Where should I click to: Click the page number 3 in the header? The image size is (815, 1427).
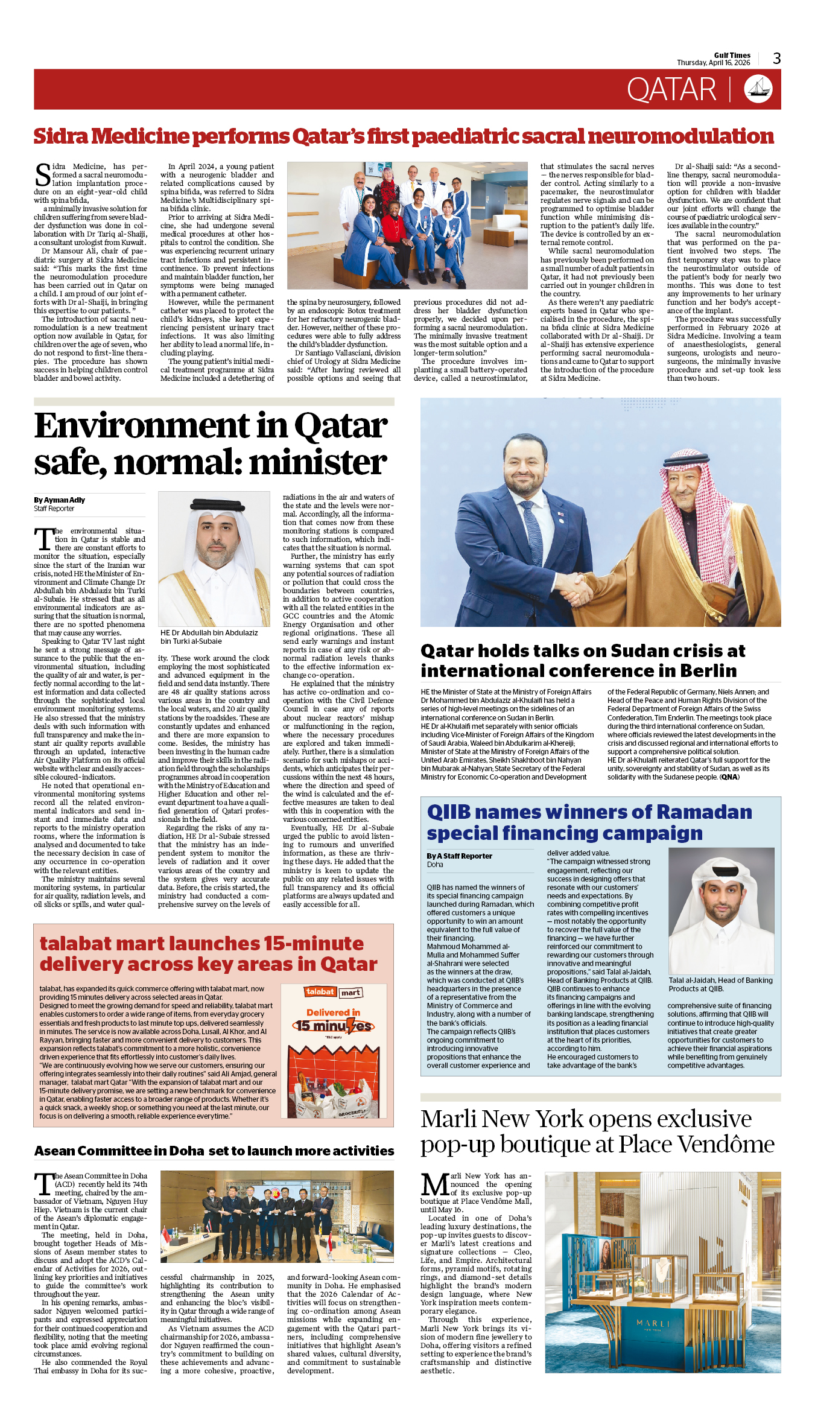[x=776, y=59]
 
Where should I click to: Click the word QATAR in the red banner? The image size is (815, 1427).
[x=671, y=90]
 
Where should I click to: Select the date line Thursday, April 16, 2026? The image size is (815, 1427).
[x=713, y=63]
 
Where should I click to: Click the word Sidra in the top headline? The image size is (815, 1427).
[x=60, y=136]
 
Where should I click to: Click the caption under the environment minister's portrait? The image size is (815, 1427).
[x=209, y=637]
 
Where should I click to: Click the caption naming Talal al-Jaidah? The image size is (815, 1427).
[x=720, y=984]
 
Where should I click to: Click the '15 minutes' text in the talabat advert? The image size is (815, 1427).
[x=333, y=1026]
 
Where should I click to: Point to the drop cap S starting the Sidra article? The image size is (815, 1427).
[x=43, y=174]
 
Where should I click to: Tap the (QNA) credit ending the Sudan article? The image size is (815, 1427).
[x=729, y=777]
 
